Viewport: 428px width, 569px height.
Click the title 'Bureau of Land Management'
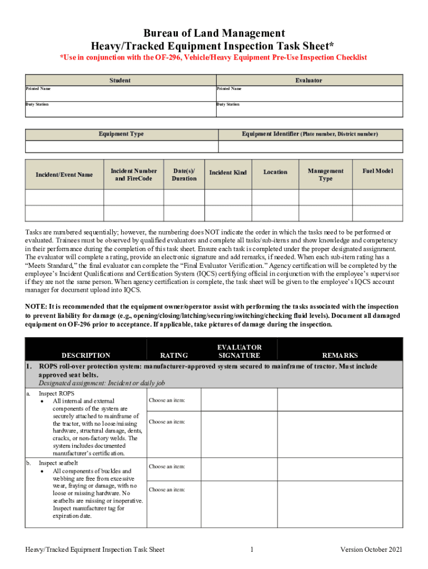[214, 33]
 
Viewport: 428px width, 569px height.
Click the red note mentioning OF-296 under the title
[214, 58]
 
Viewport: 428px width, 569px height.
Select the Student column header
[120, 81]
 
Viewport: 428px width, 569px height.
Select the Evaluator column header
[308, 81]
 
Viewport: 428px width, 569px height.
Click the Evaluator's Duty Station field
[308, 110]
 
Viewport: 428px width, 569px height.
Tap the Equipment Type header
[121, 134]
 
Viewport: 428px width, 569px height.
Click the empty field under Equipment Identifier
[310, 147]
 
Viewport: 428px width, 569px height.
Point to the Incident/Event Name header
[64, 174]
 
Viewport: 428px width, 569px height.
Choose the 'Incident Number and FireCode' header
[133, 174]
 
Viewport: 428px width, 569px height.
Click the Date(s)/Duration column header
[184, 174]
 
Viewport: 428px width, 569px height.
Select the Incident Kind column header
[228, 173]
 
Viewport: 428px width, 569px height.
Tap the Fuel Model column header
[377, 171]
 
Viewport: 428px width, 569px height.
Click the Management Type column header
[326, 174]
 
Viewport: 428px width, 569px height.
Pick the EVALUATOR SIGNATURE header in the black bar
[239, 351]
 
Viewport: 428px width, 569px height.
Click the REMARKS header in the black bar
[340, 356]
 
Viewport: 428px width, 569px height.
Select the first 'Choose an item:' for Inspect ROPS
[167, 401]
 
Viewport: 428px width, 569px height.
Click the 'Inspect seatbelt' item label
[58, 463]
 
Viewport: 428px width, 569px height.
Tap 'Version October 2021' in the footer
[371, 550]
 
